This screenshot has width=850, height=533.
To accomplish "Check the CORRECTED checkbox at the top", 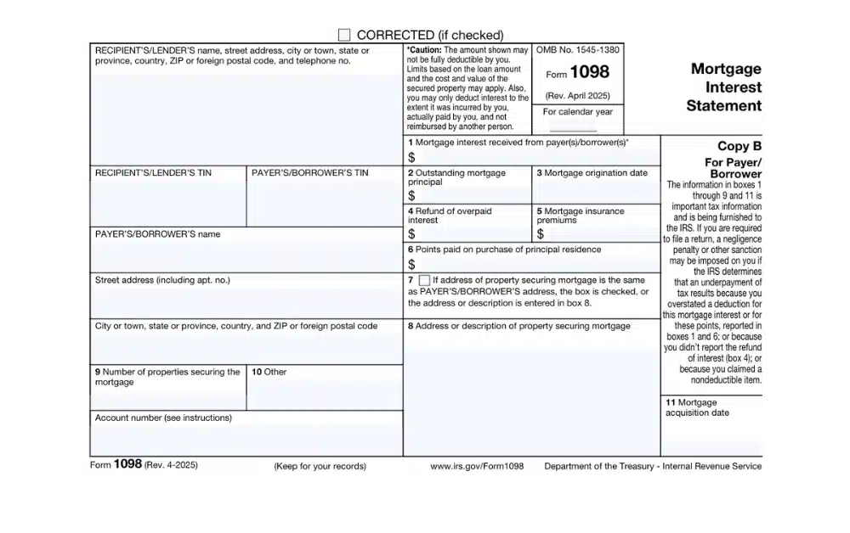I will [x=344, y=35].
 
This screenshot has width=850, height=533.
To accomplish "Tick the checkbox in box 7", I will [x=424, y=280].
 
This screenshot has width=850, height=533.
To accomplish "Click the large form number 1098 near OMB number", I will [x=590, y=73].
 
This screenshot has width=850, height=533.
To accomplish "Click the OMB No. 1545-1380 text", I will [x=578, y=51].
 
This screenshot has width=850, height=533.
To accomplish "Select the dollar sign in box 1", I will [x=411, y=157].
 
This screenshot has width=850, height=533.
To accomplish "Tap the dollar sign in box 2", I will [x=411, y=196].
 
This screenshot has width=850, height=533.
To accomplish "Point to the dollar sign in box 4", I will [x=411, y=233].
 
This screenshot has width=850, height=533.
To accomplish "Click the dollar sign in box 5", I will [x=541, y=233].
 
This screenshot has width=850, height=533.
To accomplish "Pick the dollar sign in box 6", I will [x=411, y=264].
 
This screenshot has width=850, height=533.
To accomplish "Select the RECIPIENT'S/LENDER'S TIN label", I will [x=153, y=173].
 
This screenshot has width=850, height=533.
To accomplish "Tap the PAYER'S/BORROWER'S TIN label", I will [x=310, y=173].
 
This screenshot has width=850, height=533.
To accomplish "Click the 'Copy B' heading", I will [x=739, y=146].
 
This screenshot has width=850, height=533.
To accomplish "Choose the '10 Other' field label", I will [x=269, y=372].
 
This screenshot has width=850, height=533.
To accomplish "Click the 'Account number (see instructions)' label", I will [x=163, y=418].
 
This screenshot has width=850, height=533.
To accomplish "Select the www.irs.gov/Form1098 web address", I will [x=477, y=466].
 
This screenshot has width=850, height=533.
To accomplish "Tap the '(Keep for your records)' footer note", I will [x=320, y=466].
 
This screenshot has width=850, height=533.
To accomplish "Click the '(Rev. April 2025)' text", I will [x=578, y=96].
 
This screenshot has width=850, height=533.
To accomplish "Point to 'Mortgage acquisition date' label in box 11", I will [x=697, y=407].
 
